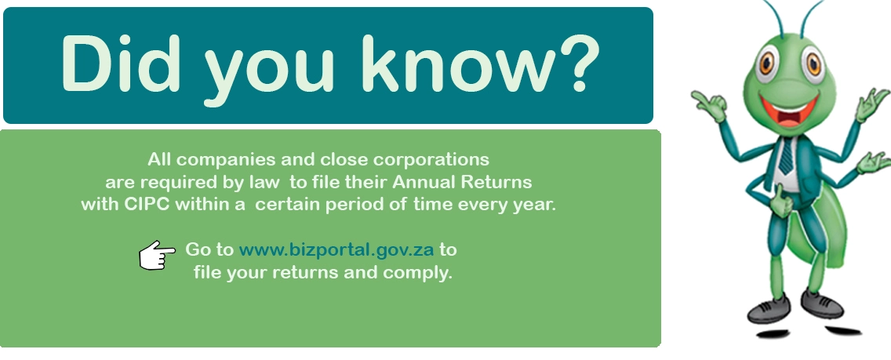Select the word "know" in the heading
click(x=449, y=64)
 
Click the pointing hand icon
click(x=157, y=255)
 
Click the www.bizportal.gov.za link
click(x=336, y=250)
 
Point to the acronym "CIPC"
click(x=147, y=205)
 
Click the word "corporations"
click(x=432, y=159)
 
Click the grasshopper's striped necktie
click(x=787, y=155)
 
